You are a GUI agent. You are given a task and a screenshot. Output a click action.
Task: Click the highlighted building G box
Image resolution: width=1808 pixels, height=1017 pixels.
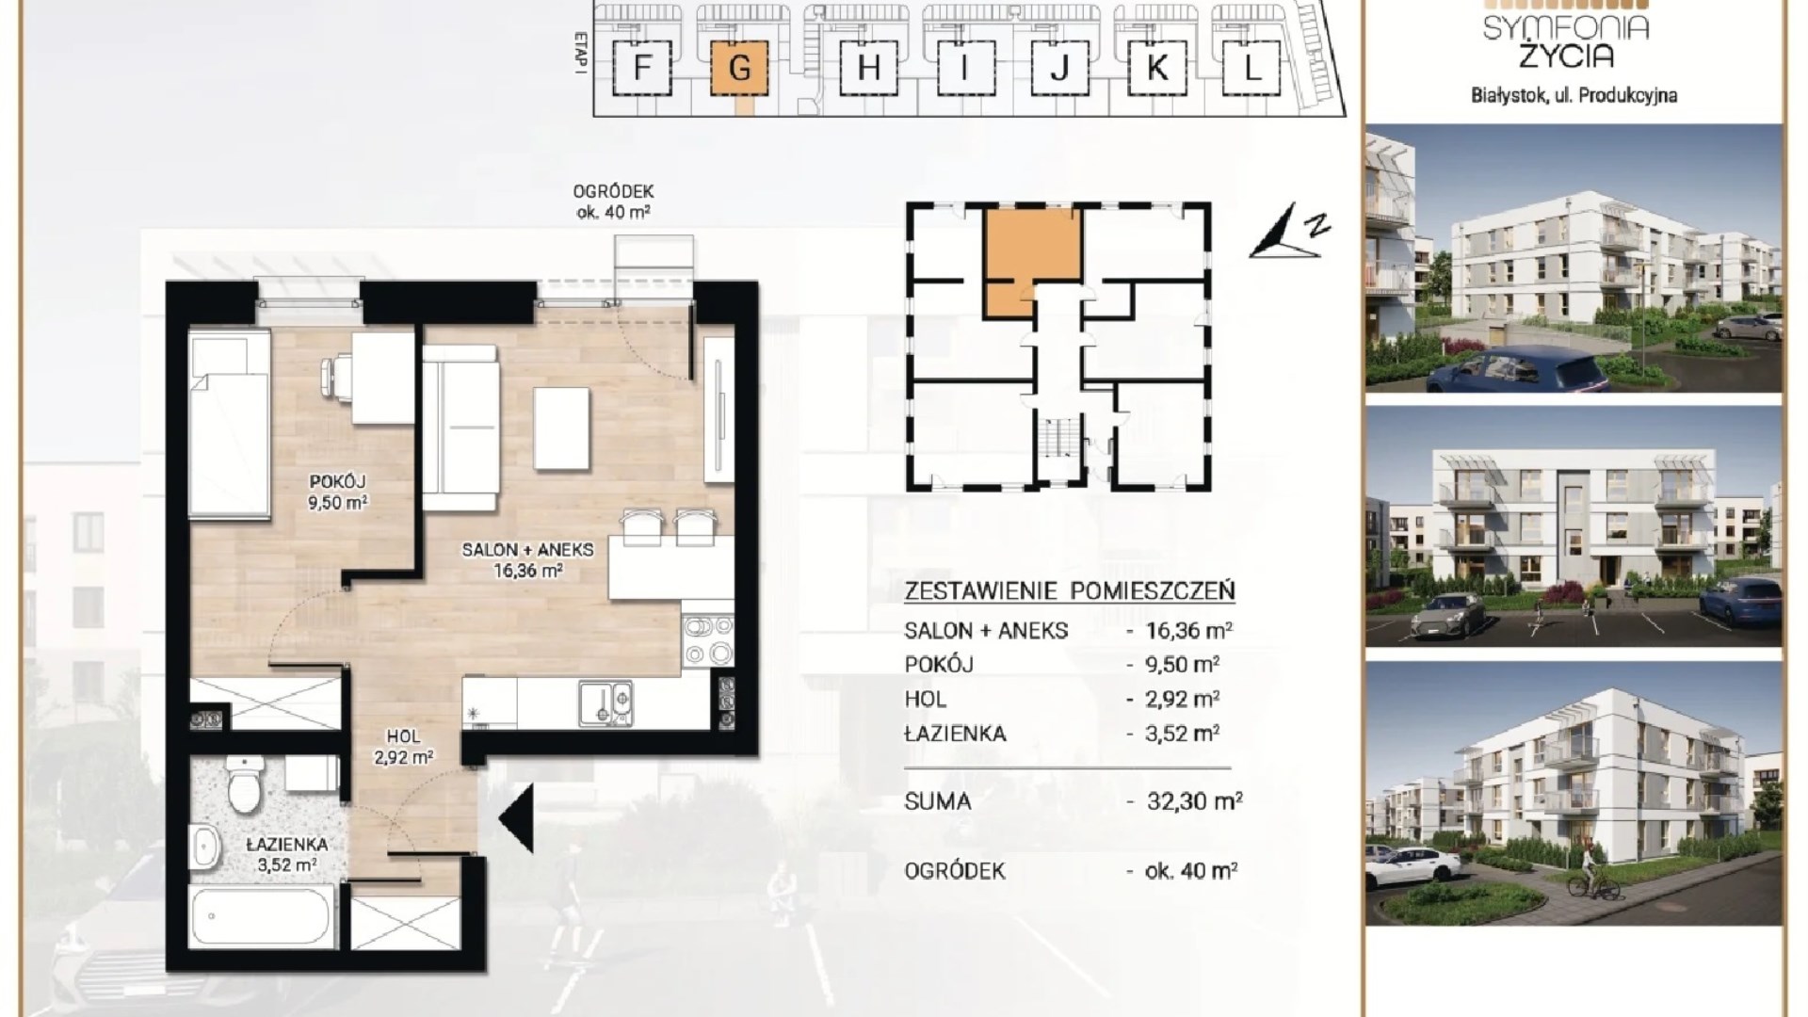pyautogui.click(x=740, y=68)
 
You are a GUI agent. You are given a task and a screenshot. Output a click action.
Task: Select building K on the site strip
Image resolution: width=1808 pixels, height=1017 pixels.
pyautogui.click(x=1157, y=68)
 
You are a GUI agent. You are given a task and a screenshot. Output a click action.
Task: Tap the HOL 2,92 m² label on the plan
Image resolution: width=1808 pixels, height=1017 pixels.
pyautogui.click(x=403, y=746)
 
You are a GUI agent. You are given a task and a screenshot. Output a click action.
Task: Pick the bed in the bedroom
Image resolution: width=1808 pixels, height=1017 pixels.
pyautogui.click(x=229, y=423)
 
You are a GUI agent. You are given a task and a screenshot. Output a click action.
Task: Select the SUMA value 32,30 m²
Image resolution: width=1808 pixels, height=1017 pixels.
pyautogui.click(x=1194, y=801)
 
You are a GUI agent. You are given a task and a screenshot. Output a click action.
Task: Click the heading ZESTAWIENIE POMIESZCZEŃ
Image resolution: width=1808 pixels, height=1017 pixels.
pyautogui.click(x=1070, y=591)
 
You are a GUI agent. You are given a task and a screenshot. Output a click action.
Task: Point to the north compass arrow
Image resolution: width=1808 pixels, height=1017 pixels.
pyautogui.click(x=1289, y=231)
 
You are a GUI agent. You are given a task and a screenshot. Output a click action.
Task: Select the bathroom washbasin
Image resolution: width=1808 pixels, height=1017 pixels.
pyautogui.click(x=204, y=847)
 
